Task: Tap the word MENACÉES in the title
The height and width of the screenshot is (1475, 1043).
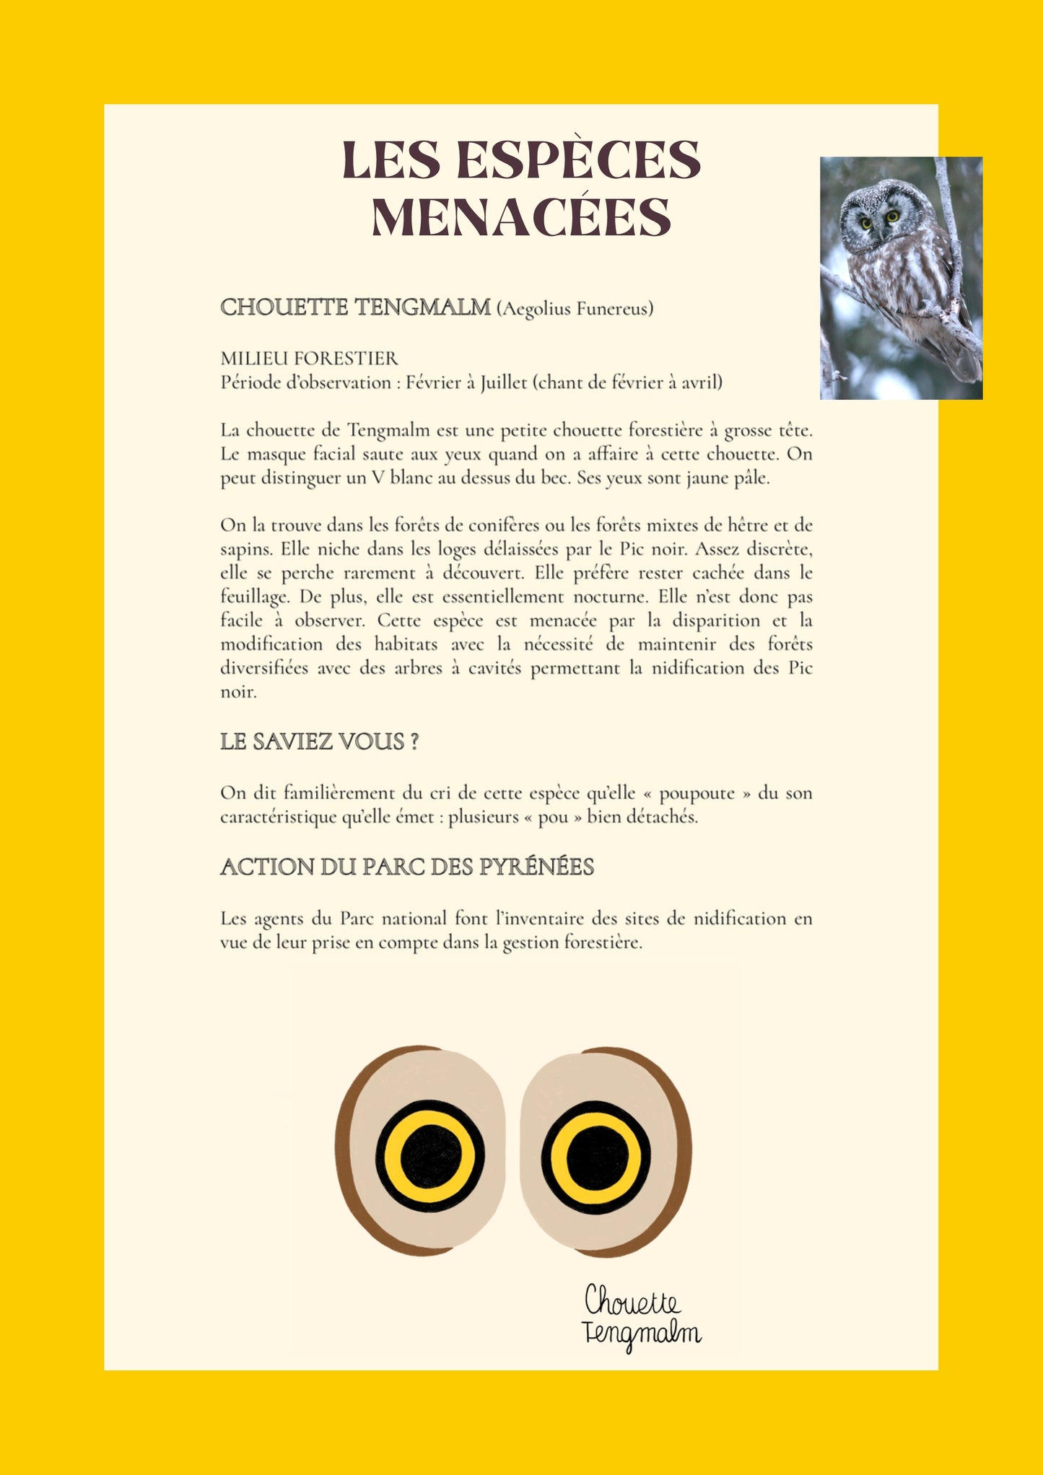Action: click(521, 218)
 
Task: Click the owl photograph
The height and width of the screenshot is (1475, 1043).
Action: click(901, 278)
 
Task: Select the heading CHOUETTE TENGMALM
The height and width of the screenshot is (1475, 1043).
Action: click(355, 307)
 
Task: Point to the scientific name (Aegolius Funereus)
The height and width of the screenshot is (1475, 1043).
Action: click(575, 309)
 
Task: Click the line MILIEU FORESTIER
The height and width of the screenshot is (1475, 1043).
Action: click(309, 359)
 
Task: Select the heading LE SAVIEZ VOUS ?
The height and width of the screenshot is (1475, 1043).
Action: click(319, 741)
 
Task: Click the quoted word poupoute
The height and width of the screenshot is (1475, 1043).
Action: click(696, 793)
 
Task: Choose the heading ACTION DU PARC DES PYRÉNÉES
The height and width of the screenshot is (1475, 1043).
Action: click(407, 867)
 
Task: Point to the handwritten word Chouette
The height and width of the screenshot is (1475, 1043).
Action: click(632, 1302)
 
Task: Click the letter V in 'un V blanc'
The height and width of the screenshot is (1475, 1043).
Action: click(378, 478)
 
